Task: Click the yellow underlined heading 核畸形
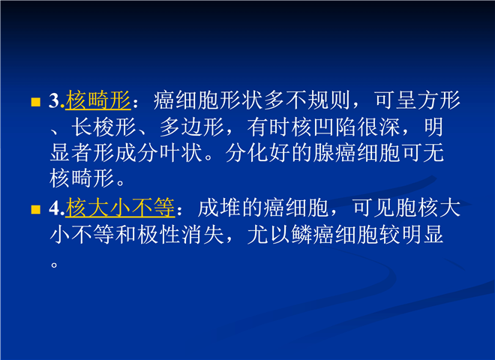pyautogui.click(x=98, y=100)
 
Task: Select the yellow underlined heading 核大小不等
pyautogui.click(x=120, y=208)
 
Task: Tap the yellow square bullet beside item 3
pyautogui.click(x=36, y=102)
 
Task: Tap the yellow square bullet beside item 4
pyautogui.click(x=36, y=210)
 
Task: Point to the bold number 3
pyautogui.click(x=55, y=100)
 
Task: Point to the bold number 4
pyautogui.click(x=55, y=208)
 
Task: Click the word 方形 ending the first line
pyautogui.click(x=439, y=100)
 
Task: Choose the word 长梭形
pyautogui.click(x=103, y=127)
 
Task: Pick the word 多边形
pyautogui.click(x=191, y=127)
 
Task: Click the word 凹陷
pyautogui.click(x=335, y=127)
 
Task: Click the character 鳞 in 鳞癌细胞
pyautogui.click(x=301, y=235)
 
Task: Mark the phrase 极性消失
pyautogui.click(x=181, y=235)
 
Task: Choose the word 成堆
pyautogui.click(x=220, y=208)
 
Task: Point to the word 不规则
pyautogui.click(x=318, y=100)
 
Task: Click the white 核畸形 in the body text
pyautogui.click(x=82, y=178)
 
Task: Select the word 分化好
pyautogui.click(x=258, y=153)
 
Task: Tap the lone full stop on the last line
pyautogui.click(x=54, y=264)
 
